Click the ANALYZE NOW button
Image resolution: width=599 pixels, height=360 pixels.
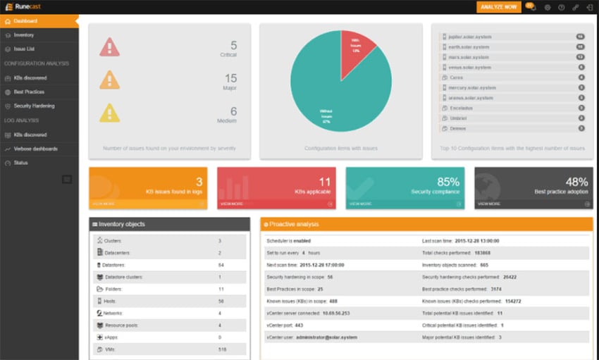point(498,7)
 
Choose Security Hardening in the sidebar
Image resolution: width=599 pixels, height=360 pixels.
point(34,106)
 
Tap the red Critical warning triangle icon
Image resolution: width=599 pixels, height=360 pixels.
point(109,48)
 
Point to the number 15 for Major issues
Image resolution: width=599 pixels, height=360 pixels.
point(230,78)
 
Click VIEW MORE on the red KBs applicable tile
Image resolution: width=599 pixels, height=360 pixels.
point(232,203)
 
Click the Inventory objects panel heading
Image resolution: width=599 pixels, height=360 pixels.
point(122,224)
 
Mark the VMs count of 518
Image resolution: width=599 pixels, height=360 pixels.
point(222,349)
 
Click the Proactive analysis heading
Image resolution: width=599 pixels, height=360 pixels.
point(294,224)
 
